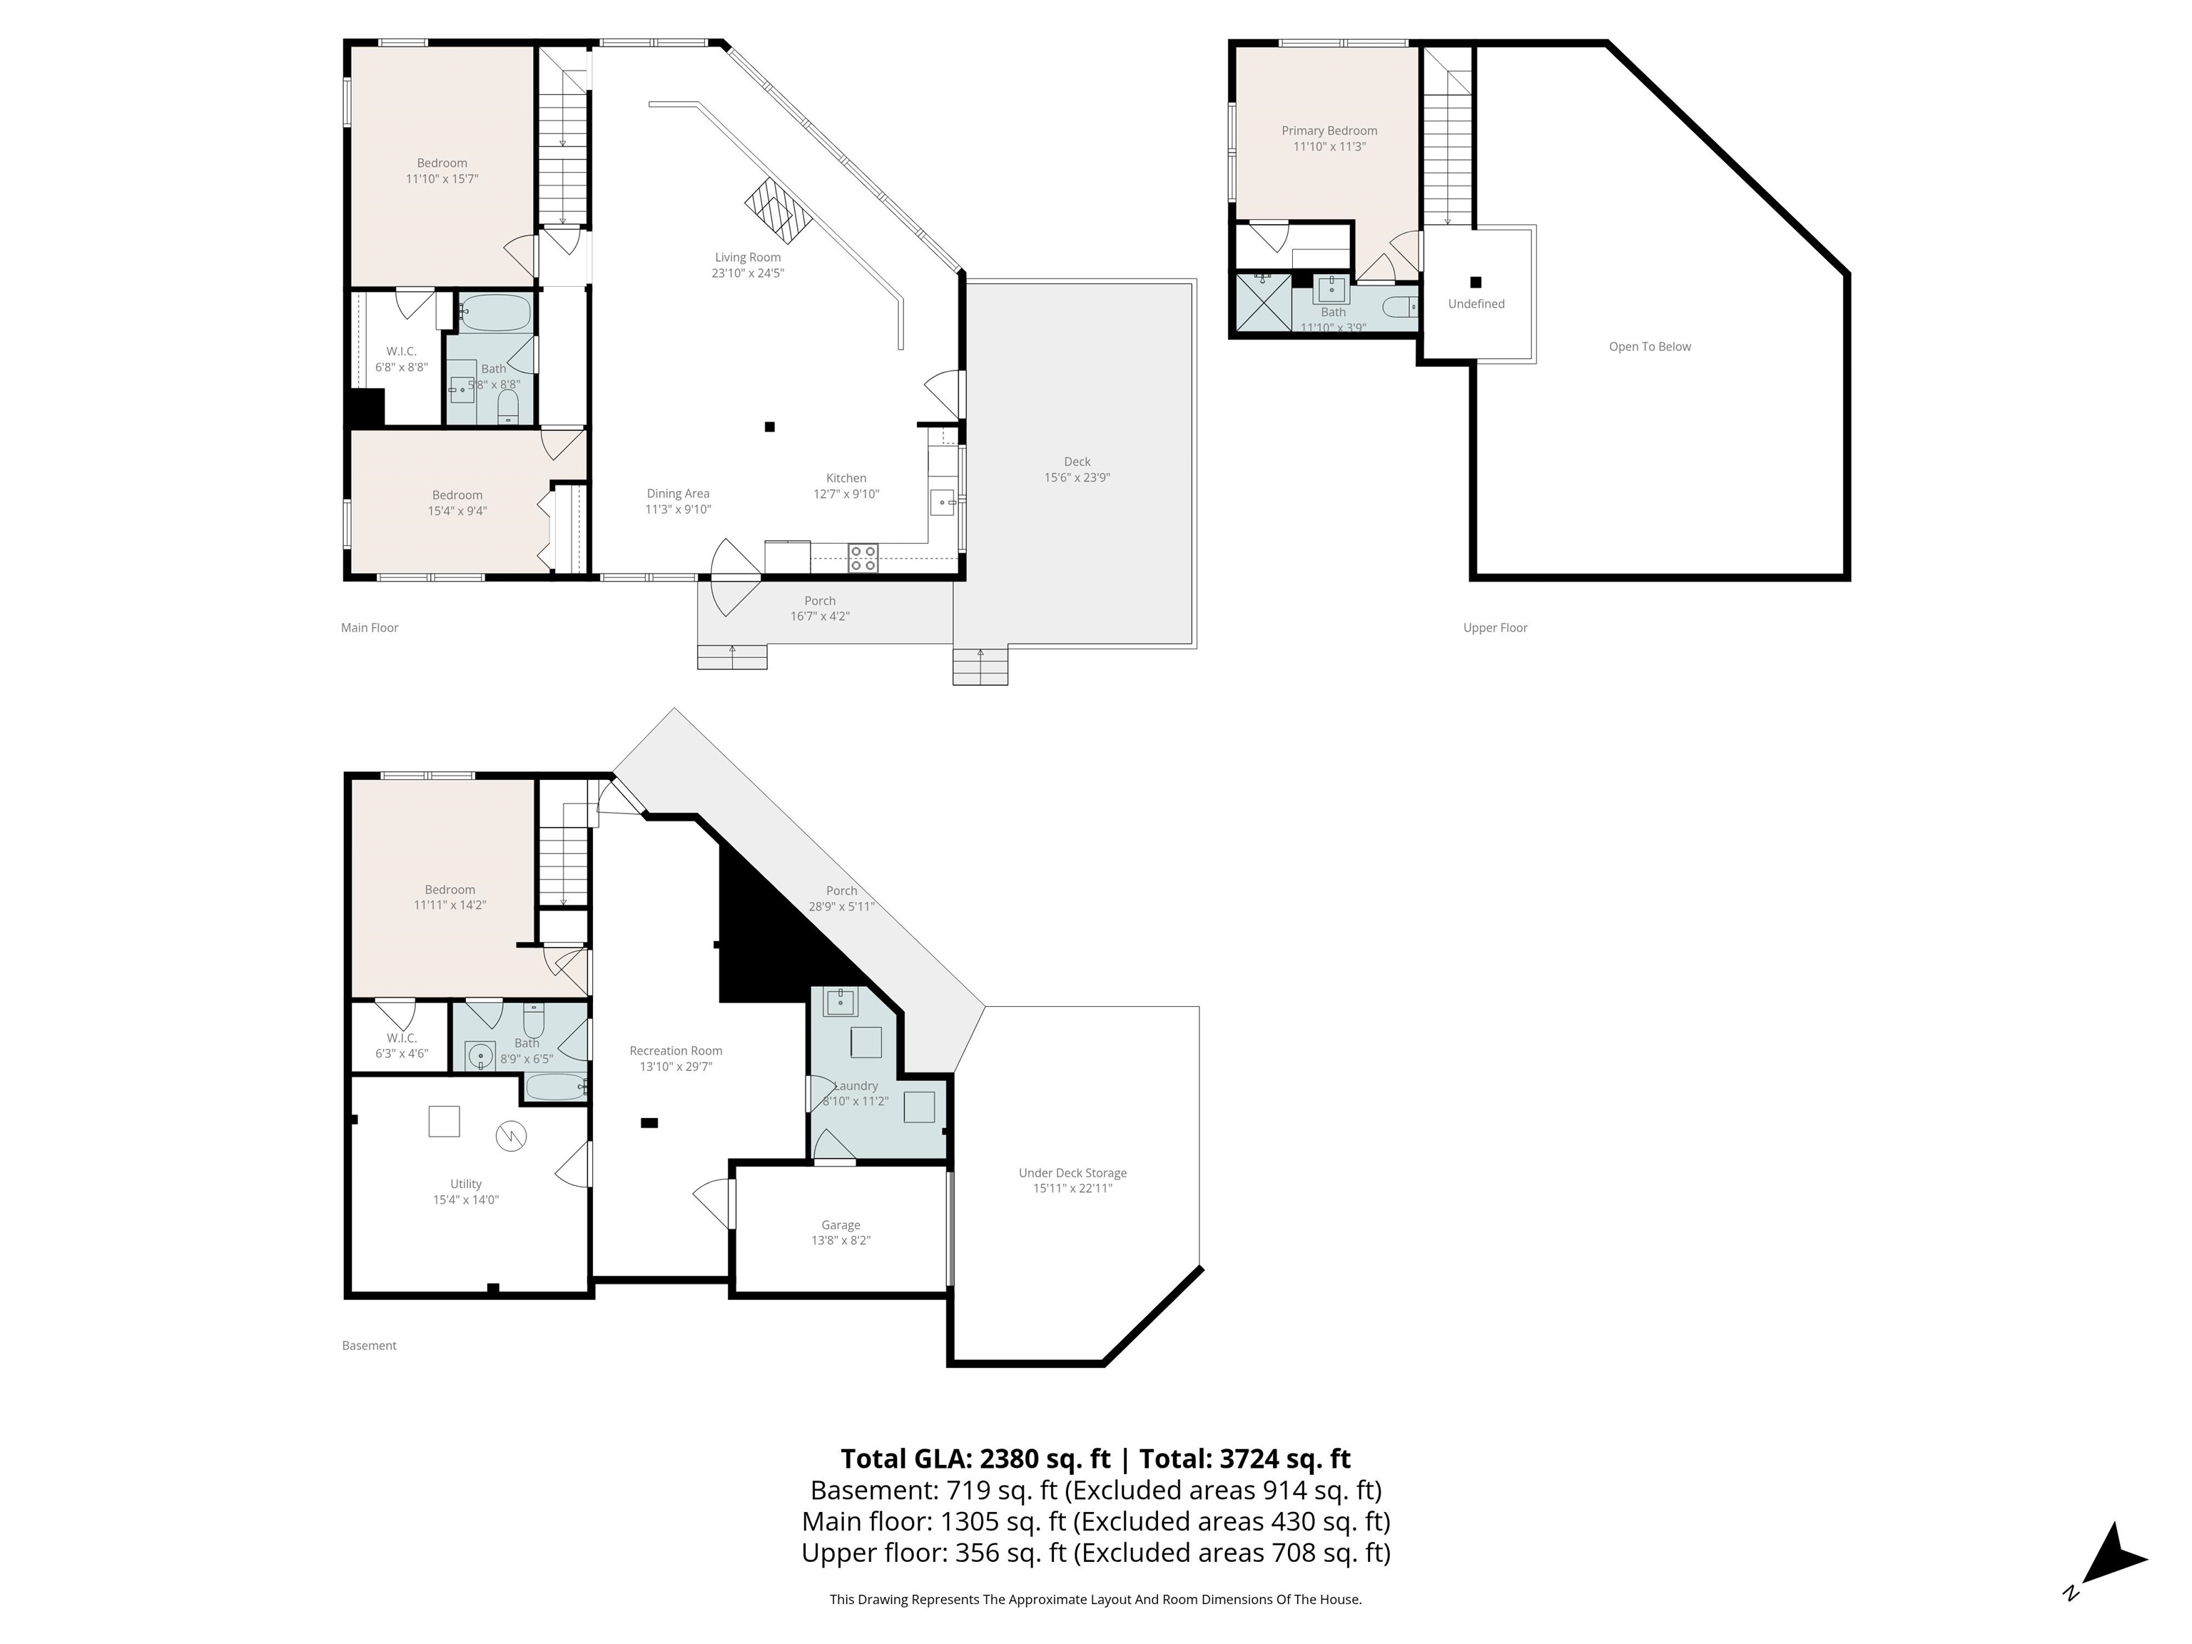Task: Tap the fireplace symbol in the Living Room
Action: tap(779, 210)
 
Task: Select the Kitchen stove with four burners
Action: tap(862, 559)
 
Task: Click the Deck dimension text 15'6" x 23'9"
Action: tap(1077, 477)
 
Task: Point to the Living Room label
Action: tap(749, 258)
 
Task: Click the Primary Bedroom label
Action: tap(1329, 131)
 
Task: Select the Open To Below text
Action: tap(1650, 347)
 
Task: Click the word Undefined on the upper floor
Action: tap(1476, 304)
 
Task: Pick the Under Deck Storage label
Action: tap(1072, 1173)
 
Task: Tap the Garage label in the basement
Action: tap(841, 1226)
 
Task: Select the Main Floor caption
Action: tap(370, 627)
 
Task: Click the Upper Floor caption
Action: tap(1496, 627)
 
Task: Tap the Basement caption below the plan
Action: tap(369, 1346)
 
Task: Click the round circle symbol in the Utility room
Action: tap(510, 1137)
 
